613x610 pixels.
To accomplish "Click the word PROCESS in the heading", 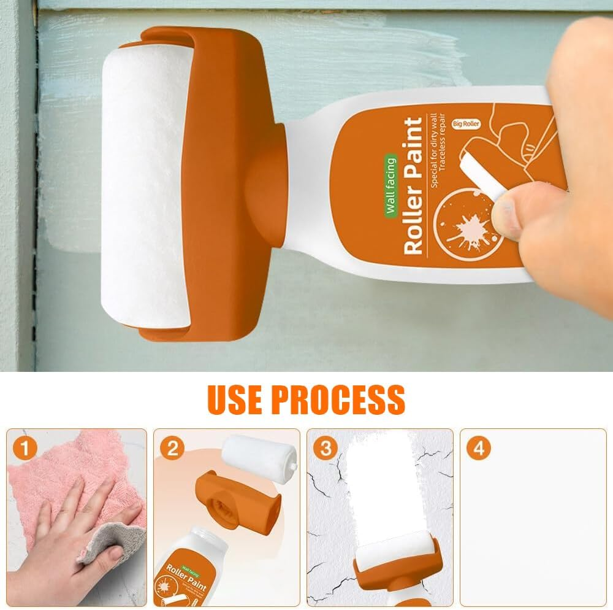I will click(x=338, y=399).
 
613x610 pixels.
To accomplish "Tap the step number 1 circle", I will click(x=23, y=448).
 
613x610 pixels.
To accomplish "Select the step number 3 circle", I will click(x=325, y=448).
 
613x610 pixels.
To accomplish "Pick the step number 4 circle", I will click(x=478, y=448).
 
